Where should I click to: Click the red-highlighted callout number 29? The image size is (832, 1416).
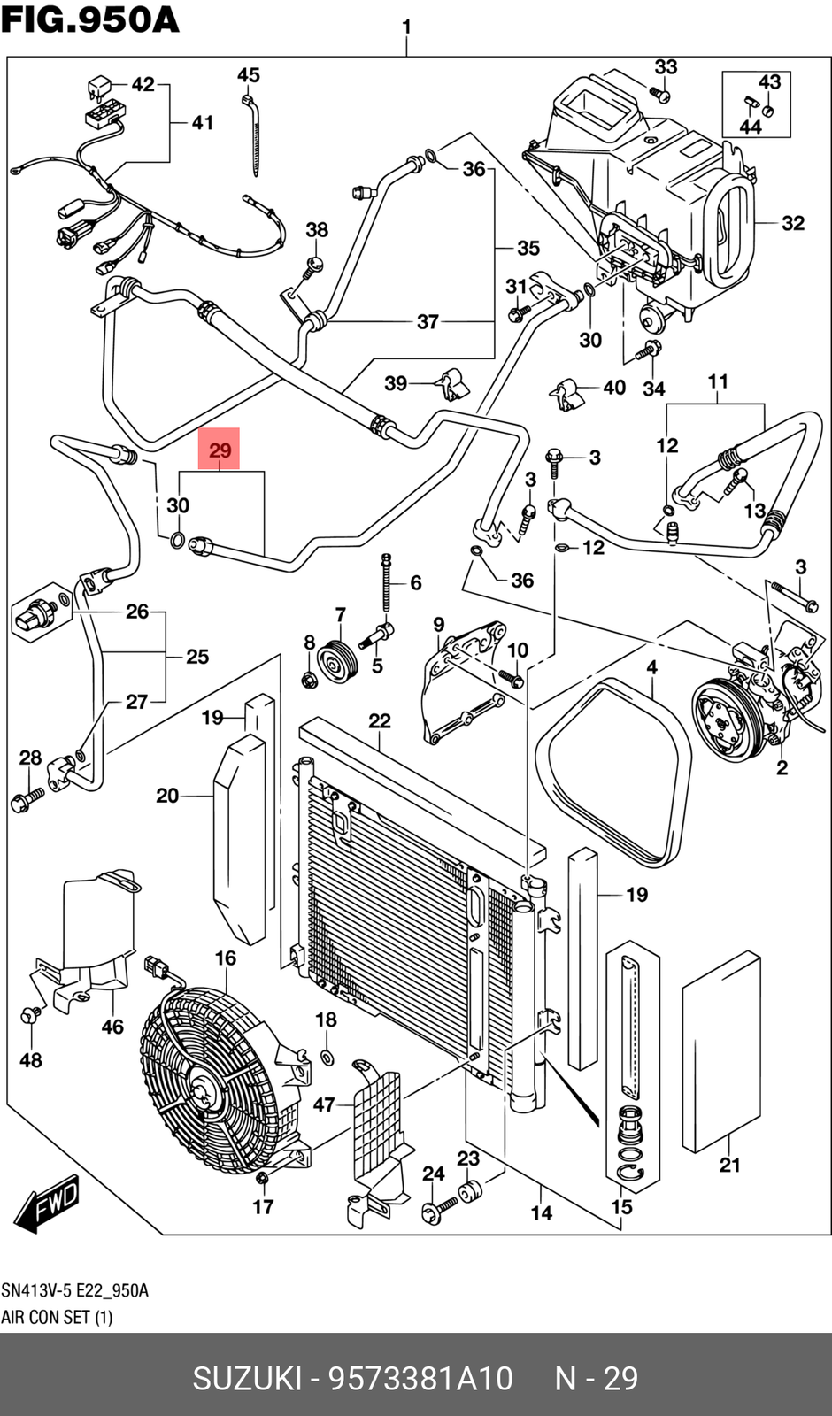(219, 450)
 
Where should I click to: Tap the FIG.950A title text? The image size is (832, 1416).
(89, 19)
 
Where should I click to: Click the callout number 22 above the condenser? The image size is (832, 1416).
(379, 721)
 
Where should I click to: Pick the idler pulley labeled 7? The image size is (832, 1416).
(335, 661)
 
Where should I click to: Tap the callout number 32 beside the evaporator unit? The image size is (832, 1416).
(792, 223)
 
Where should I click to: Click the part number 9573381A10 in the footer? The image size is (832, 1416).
(420, 1378)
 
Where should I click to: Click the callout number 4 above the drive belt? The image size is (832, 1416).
(651, 667)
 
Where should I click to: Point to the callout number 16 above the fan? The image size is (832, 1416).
(226, 958)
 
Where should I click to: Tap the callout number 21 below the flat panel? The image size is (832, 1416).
(729, 1165)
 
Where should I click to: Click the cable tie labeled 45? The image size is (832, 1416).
(257, 133)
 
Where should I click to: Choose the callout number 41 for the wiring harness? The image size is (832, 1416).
(203, 122)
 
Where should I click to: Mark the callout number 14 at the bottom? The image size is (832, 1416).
(542, 1212)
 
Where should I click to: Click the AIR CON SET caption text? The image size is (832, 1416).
(57, 1317)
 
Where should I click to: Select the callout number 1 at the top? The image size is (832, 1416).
(406, 27)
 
